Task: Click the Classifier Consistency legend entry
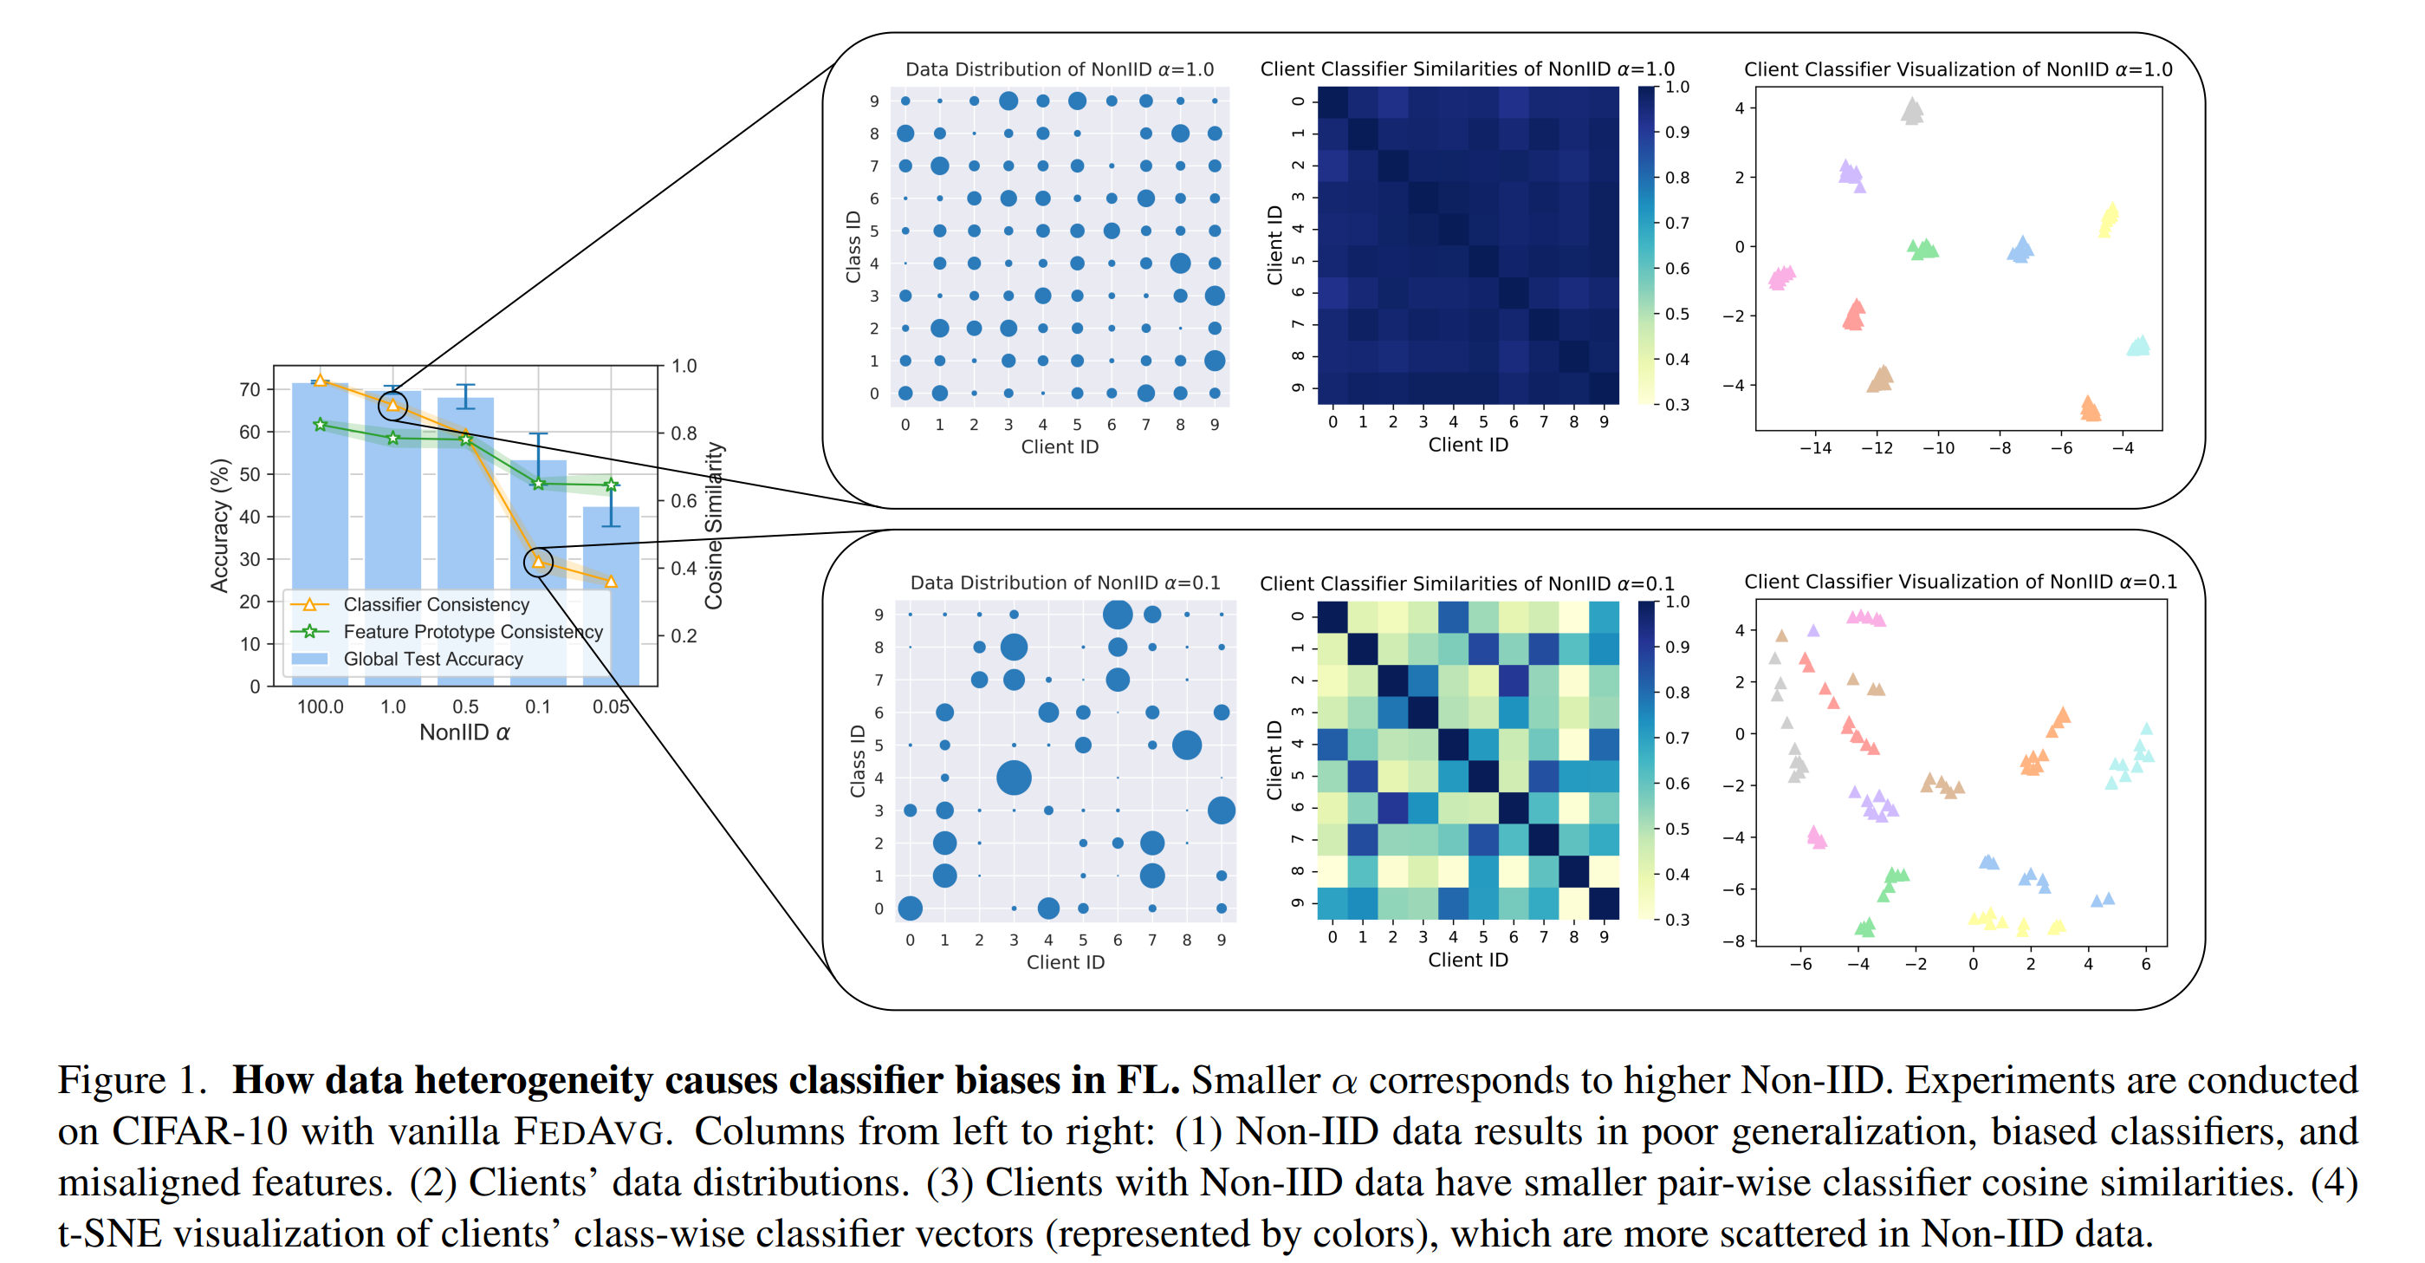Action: click(435, 605)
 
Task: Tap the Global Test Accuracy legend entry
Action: click(432, 660)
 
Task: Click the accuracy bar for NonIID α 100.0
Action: click(320, 490)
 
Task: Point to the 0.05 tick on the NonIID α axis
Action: click(611, 706)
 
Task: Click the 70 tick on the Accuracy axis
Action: click(250, 389)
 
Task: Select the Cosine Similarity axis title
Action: click(714, 525)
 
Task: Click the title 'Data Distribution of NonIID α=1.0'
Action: click(1059, 69)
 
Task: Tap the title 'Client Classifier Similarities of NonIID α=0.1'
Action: click(1467, 584)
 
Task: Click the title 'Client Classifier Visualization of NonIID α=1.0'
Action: click(1958, 69)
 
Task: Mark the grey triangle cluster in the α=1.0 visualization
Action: click(1912, 112)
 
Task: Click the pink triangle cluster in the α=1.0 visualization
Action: click(1781, 277)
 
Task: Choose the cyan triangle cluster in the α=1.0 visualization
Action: click(2138, 346)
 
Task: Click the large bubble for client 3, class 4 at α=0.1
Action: click(1014, 778)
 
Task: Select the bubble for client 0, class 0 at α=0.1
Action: click(910, 908)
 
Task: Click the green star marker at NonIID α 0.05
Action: click(611, 485)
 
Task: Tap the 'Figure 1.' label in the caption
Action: click(132, 1079)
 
